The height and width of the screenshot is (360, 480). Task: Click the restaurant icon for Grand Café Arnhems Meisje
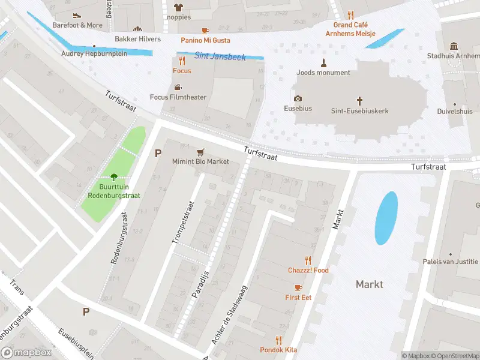point(351,15)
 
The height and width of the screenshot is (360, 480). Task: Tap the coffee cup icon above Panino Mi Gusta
point(205,30)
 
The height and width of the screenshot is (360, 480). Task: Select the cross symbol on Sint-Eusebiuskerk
point(360,101)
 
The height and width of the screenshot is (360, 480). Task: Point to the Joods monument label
point(323,73)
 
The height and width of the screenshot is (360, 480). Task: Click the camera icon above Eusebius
point(298,98)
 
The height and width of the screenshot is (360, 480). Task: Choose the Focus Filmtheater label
point(178,97)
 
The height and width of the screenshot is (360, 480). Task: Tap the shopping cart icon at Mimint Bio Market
point(200,152)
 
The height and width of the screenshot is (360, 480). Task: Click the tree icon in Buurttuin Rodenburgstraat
point(114,176)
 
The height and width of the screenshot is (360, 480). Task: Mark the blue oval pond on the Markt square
point(386,218)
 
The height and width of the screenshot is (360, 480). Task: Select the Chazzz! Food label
point(308,270)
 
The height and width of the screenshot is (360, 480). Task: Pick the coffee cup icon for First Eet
point(298,287)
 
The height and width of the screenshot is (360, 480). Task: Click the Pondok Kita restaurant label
point(278,350)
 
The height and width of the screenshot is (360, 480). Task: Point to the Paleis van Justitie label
point(458,262)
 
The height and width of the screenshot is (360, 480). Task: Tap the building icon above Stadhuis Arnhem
point(454,46)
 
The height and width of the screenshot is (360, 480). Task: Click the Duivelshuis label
point(455,111)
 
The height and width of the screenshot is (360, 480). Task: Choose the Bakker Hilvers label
point(137,39)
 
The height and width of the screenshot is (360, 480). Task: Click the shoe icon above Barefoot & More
point(77,16)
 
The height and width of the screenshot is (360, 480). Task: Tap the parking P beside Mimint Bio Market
point(158,153)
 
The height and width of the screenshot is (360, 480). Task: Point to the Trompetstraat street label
point(181,222)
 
